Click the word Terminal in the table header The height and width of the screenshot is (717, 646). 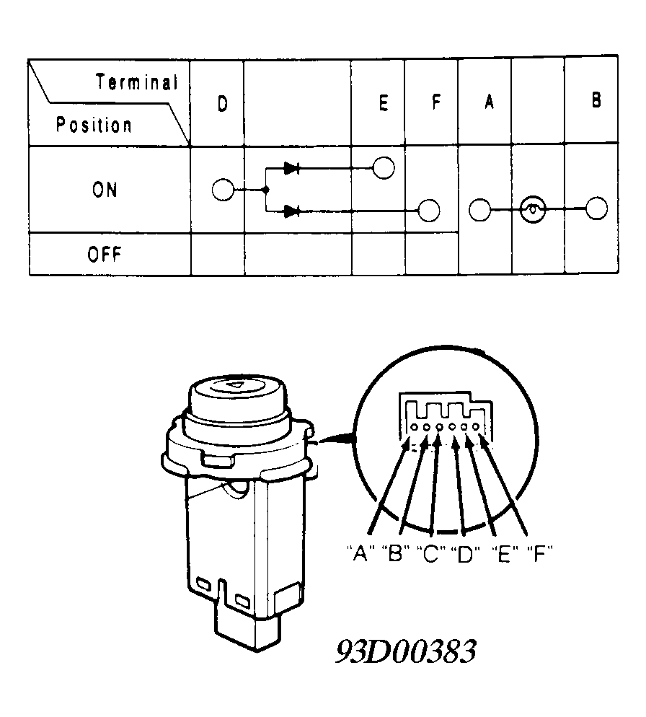[x=137, y=82]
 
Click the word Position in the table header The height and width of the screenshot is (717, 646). [x=94, y=125]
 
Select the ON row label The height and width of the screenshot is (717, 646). [x=105, y=190]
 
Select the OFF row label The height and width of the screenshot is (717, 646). [x=105, y=254]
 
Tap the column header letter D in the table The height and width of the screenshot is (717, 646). [x=223, y=105]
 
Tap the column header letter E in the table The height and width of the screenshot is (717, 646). [x=384, y=103]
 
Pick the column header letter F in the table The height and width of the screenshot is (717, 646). [x=437, y=102]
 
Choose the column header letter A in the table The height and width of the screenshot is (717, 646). [x=489, y=102]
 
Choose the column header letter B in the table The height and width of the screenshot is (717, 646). [x=596, y=100]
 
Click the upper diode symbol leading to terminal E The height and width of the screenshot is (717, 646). [x=292, y=168]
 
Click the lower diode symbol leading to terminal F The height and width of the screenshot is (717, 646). [x=292, y=211]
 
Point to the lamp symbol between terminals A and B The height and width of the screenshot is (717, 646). [x=533, y=209]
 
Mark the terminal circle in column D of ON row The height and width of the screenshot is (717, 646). [x=223, y=190]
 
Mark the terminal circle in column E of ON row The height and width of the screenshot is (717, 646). [x=384, y=168]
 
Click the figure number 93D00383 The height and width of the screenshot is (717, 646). [x=406, y=651]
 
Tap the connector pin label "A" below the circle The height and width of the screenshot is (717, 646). [x=360, y=554]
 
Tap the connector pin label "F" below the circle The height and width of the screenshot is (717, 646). [x=540, y=554]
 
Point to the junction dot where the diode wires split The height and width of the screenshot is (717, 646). [x=265, y=190]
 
